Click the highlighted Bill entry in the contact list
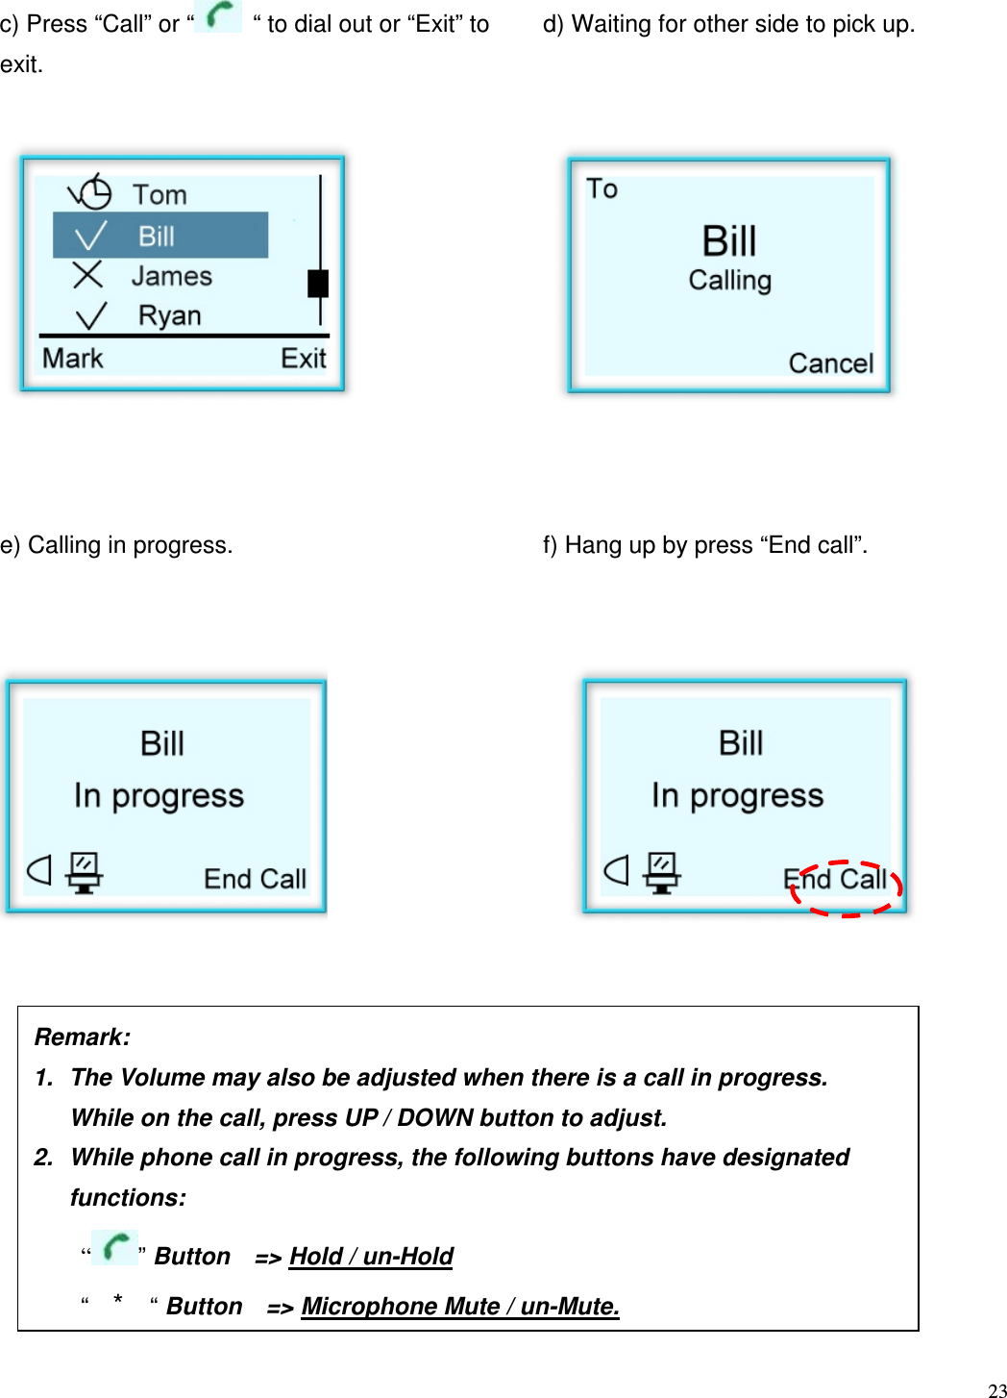pos(160,236)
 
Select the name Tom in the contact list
pos(160,194)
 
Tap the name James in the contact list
pos(171,276)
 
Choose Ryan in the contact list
pos(169,315)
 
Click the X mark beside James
pos(87,275)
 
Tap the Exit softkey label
pos(304,359)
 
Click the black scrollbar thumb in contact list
pos(318,284)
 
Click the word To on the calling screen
pos(602,189)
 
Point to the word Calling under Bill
pos(730,281)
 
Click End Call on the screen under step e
pos(255,879)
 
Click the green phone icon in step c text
pos(219,16)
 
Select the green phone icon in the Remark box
pos(115,1247)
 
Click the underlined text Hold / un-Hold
pos(371,1257)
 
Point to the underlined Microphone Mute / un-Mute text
pos(460,1307)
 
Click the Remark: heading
pos(83,1036)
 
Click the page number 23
pos(996,1389)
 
